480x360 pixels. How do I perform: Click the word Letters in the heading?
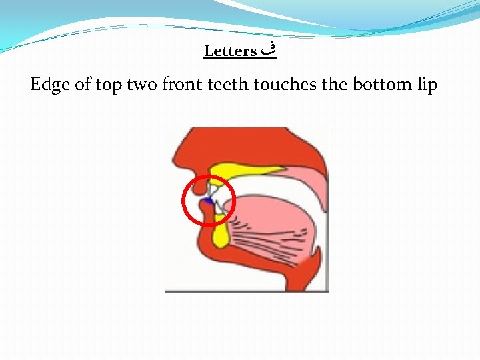pyautogui.click(x=231, y=51)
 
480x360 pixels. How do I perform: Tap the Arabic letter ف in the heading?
pyautogui.click(x=268, y=50)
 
